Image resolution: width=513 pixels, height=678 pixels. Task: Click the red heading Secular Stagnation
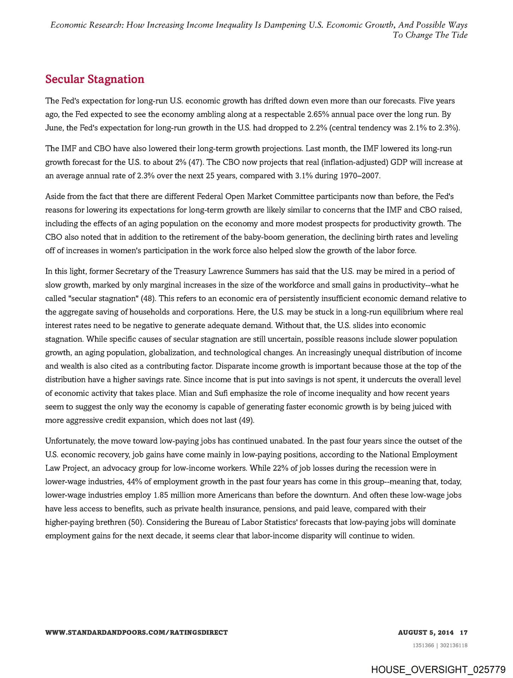click(95, 79)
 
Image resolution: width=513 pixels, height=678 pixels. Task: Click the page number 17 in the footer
click(464, 632)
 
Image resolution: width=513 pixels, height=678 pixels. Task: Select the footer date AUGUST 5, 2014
click(426, 632)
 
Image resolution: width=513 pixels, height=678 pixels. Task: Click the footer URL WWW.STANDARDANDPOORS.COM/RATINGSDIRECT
click(137, 632)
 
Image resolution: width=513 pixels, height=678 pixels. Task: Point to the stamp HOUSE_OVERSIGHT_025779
click(438, 669)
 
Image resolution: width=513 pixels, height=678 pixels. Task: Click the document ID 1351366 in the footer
click(423, 646)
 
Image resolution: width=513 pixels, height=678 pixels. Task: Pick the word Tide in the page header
click(459, 35)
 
